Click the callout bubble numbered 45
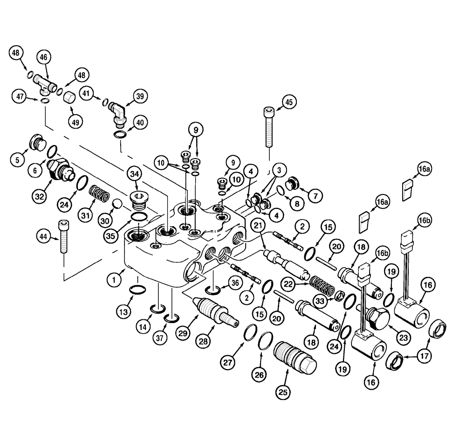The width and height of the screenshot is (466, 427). (x=289, y=102)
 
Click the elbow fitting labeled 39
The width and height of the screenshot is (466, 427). (x=117, y=112)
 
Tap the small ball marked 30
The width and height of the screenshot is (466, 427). (x=116, y=204)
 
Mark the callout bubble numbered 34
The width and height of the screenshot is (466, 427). (x=135, y=174)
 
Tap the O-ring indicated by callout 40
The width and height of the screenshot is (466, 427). (x=120, y=135)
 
